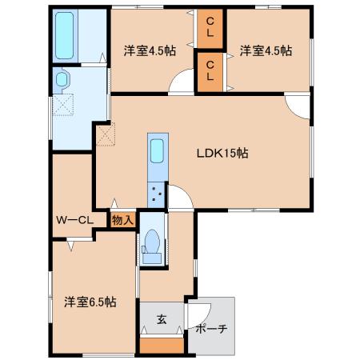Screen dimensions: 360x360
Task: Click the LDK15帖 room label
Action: pyautogui.click(x=222, y=154)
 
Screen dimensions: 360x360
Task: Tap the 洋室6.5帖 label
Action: pyautogui.click(x=90, y=302)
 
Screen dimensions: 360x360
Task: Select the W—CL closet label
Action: pyautogui.click(x=74, y=220)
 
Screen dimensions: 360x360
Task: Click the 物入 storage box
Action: pyautogui.click(x=122, y=220)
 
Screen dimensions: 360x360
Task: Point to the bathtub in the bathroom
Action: pyautogui.click(x=64, y=35)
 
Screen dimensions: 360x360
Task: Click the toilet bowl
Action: pyautogui.click(x=151, y=246)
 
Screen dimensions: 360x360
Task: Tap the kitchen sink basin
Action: pyautogui.click(x=157, y=151)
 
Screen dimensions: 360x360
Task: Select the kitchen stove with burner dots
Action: pyautogui.click(x=156, y=194)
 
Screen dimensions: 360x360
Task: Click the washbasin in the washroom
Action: pyautogui.click(x=62, y=79)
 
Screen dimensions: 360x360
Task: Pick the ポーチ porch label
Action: pyautogui.click(x=211, y=328)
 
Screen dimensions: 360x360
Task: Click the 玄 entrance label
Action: pyautogui.click(x=162, y=319)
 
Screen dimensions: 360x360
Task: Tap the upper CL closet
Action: pyautogui.click(x=210, y=29)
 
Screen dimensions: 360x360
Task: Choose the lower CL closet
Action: pyautogui.click(x=210, y=72)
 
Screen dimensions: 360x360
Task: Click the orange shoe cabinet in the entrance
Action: pyautogui.click(x=162, y=346)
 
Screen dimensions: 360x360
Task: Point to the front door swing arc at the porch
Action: pyautogui.click(x=206, y=319)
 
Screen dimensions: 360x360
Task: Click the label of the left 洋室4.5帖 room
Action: pyautogui.click(x=150, y=50)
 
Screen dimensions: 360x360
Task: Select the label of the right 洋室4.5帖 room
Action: pyautogui.click(x=266, y=50)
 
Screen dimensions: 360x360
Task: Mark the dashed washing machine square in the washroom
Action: pyautogui.click(x=63, y=105)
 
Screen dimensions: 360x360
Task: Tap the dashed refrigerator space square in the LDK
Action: pyautogui.click(x=106, y=134)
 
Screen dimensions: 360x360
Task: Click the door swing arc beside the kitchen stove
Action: pyautogui.click(x=186, y=191)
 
